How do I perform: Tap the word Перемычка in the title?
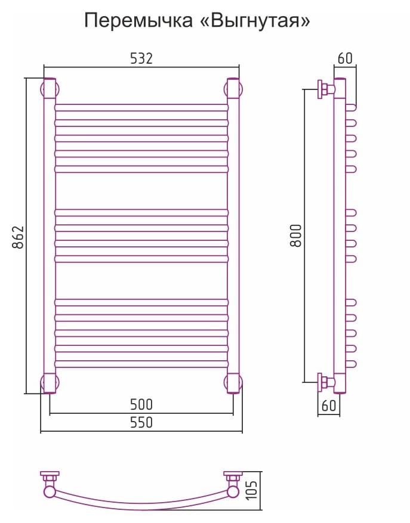point(138,21)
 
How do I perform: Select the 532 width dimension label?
point(141,58)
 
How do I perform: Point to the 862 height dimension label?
point(19,237)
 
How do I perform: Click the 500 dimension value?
point(141,404)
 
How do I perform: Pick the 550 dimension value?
point(141,422)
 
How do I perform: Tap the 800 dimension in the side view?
point(296,236)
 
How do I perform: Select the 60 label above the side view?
point(345,58)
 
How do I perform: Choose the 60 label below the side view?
point(329,406)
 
